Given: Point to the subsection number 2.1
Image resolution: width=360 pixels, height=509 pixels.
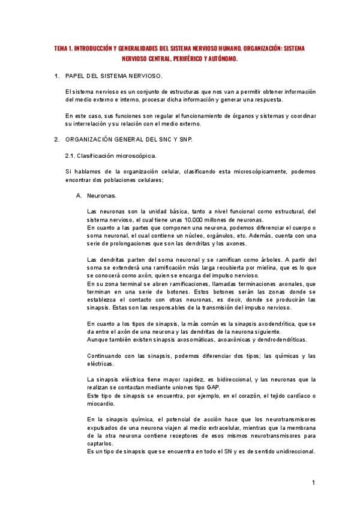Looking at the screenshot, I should point(70,155).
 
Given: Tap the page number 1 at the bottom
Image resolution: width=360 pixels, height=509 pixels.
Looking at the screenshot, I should point(313,483).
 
